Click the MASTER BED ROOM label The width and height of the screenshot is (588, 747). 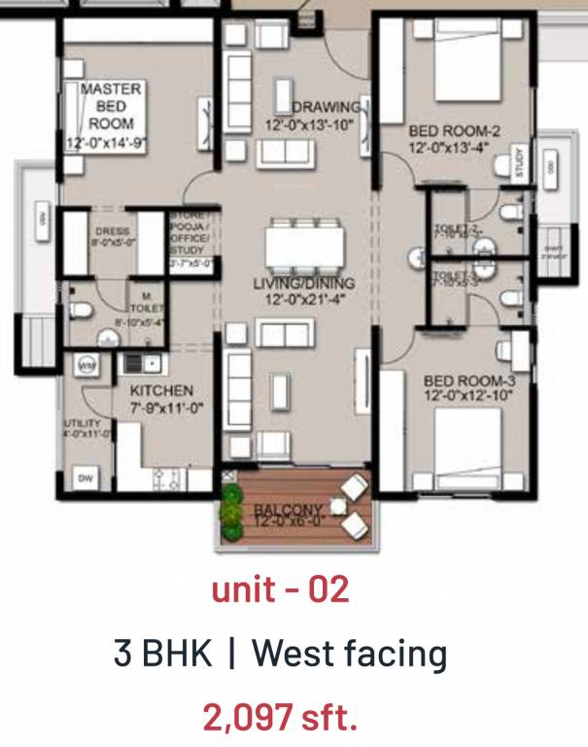[111, 106]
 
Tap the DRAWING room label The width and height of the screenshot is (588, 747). [327, 107]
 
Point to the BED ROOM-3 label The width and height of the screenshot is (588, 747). [468, 382]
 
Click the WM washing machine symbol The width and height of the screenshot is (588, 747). [86, 366]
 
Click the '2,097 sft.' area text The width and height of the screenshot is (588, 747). [280, 718]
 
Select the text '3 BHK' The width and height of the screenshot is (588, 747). [162, 654]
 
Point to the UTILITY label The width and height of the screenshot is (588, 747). [79, 424]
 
